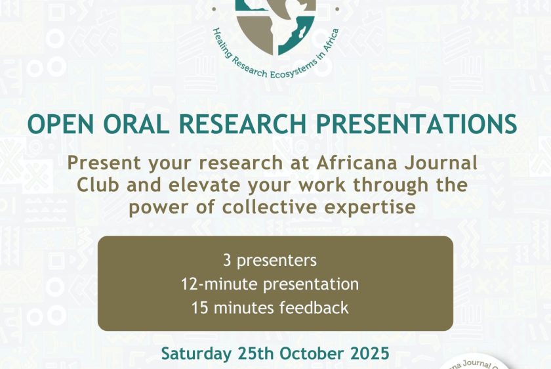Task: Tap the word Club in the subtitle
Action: [98, 185]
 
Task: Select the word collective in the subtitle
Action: [269, 207]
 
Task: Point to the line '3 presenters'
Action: [270, 261]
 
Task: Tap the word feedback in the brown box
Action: [314, 308]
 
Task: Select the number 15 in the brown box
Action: [199, 308]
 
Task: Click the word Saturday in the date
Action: [196, 353]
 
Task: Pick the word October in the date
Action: [312, 353]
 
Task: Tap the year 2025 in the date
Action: [370, 353]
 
